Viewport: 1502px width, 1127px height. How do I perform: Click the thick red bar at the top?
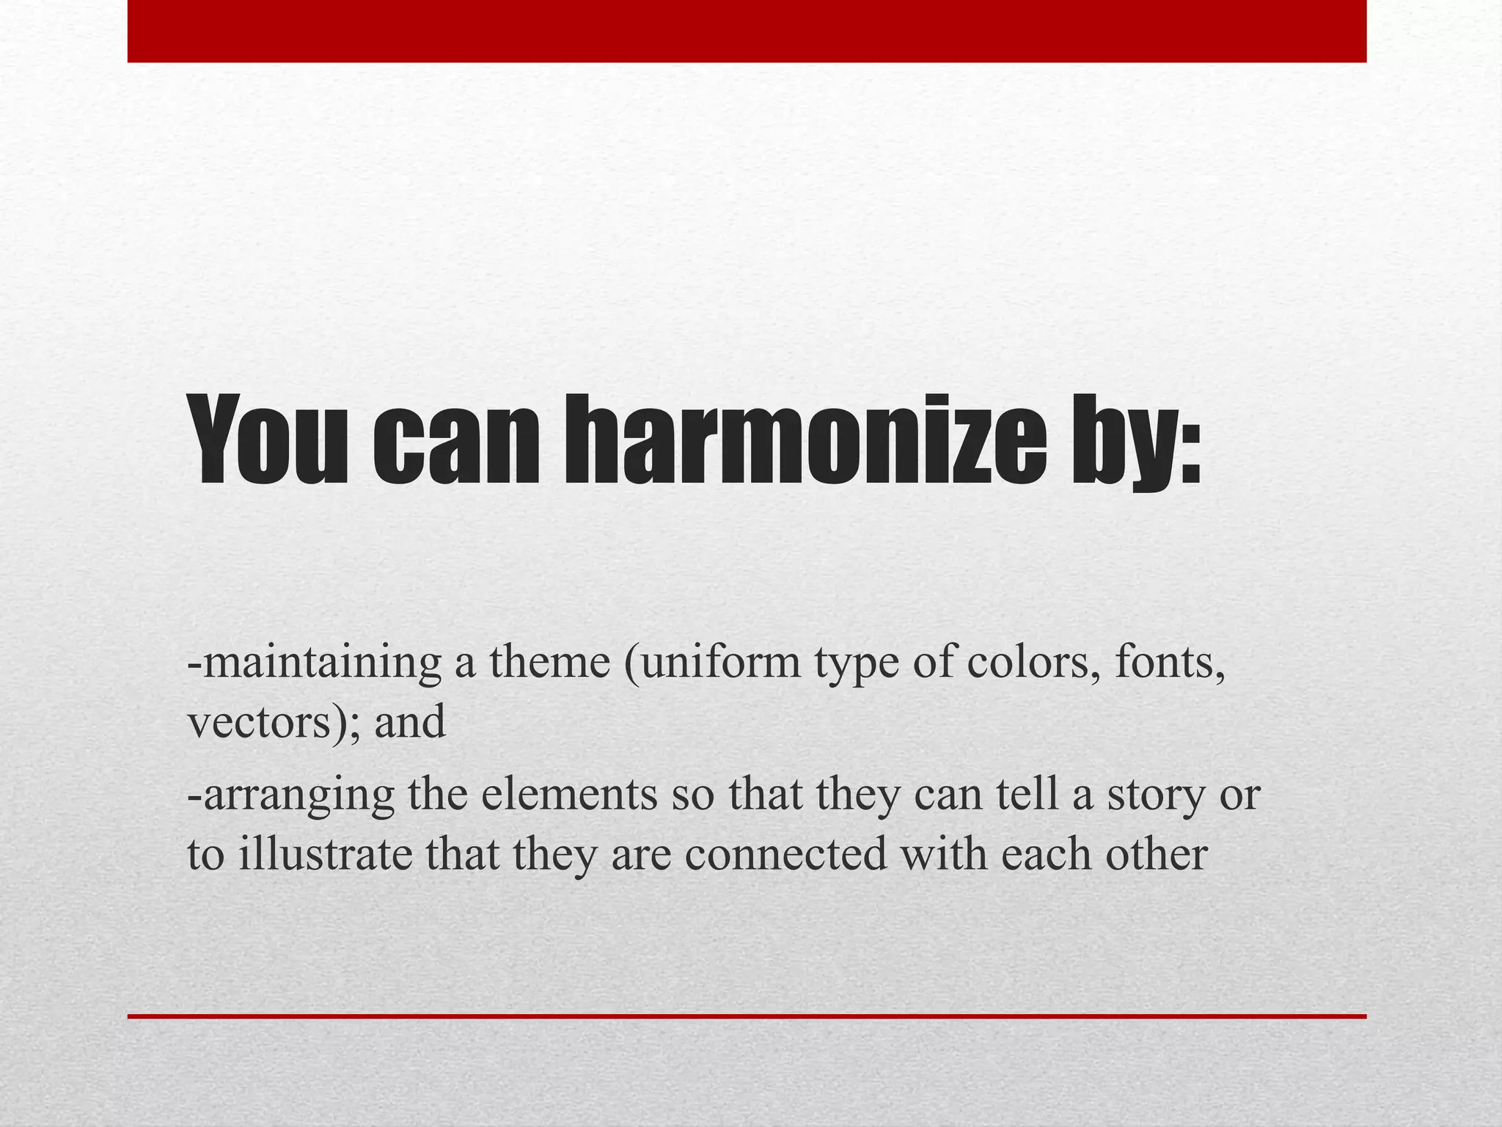747,31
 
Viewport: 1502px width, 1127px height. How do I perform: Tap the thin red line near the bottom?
747,1016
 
